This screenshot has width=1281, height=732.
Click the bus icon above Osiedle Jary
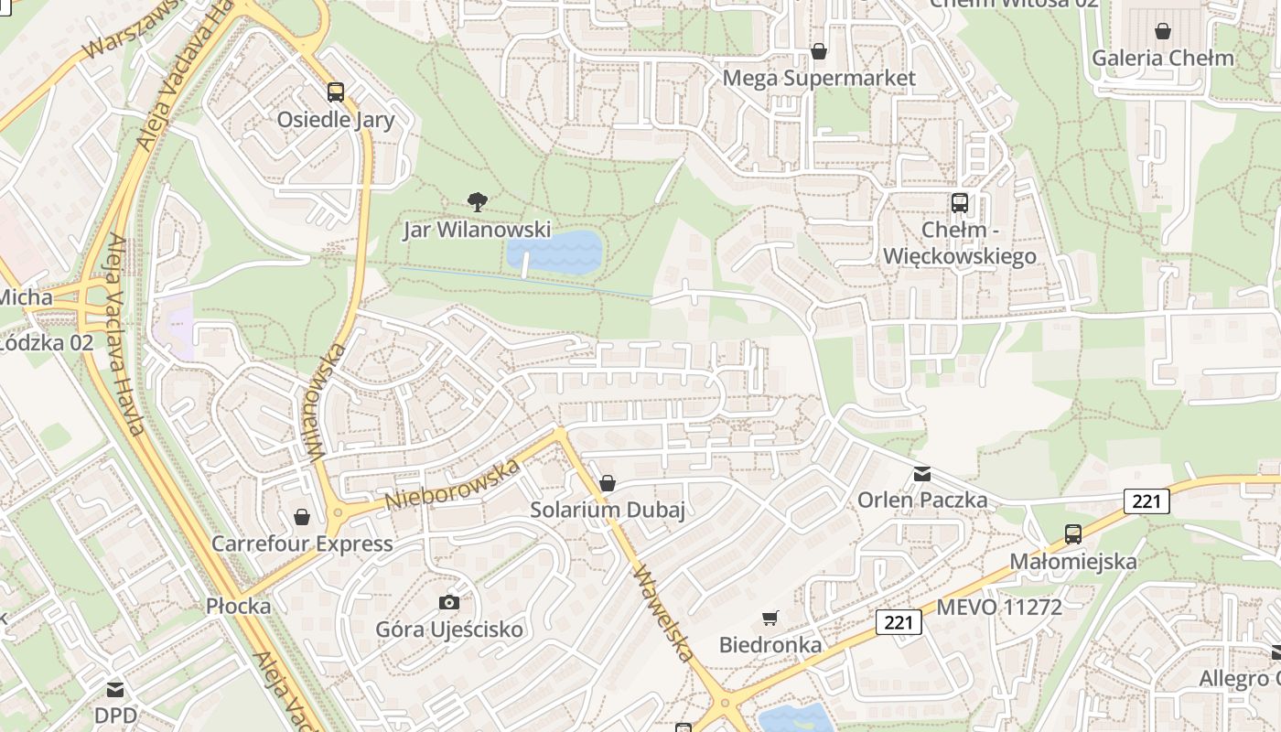click(336, 91)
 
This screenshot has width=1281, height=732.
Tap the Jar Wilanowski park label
click(477, 229)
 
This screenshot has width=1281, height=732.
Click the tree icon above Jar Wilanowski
click(477, 201)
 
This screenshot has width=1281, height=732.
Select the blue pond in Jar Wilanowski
click(554, 252)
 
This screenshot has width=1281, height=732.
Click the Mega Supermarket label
click(818, 78)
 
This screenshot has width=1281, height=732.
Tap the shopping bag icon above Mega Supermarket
click(819, 51)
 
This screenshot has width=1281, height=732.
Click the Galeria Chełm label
click(1162, 58)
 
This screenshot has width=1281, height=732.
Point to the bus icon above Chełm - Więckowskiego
click(959, 202)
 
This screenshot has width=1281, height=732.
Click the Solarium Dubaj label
click(608, 510)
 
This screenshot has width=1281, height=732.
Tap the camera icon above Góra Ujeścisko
click(448, 602)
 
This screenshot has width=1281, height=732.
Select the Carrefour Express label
click(302, 544)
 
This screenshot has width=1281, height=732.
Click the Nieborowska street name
click(452, 485)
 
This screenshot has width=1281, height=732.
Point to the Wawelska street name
click(665, 613)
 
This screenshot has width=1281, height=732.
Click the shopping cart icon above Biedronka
click(770, 619)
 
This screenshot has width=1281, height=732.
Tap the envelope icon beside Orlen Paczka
click(921, 474)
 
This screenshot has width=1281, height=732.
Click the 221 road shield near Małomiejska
click(1146, 501)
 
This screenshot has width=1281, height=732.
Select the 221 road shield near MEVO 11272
click(899, 622)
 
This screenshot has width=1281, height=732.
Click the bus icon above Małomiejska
click(1073, 534)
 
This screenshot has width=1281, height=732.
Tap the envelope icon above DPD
click(115, 690)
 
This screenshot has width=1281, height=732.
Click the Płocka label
click(238, 606)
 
